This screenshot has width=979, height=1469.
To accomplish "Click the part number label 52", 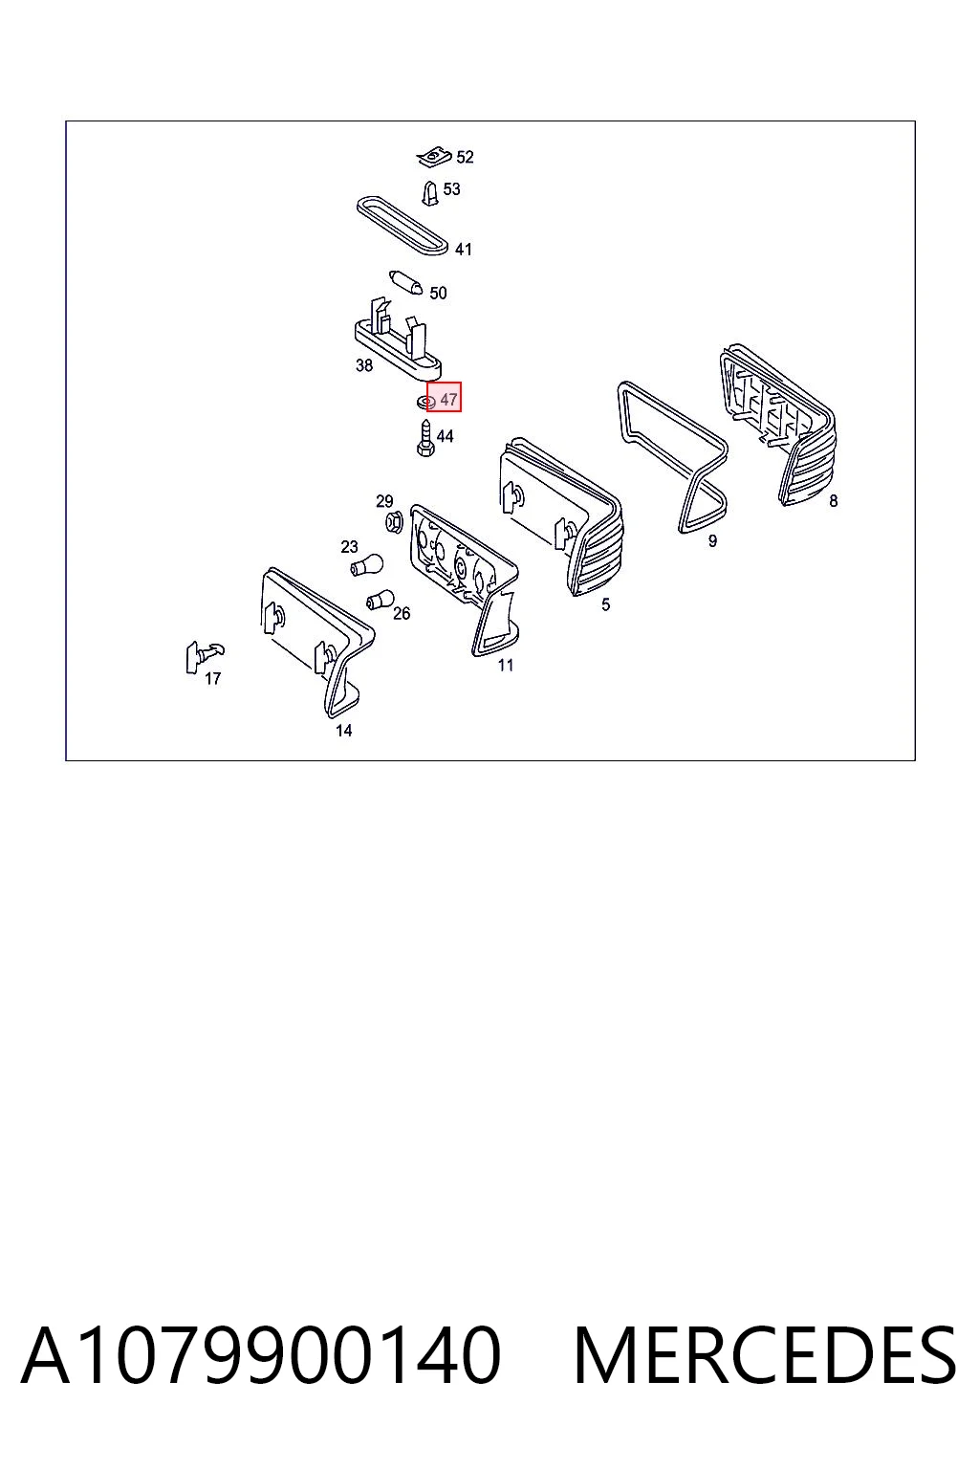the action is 465,158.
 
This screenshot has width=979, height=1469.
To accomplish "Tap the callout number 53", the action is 451,189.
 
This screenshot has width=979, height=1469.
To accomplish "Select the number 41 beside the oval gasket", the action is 463,250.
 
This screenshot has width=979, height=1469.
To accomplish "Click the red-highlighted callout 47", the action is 444,398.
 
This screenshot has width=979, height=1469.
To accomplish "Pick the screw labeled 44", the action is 424,438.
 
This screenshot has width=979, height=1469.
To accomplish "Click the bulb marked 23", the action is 366,564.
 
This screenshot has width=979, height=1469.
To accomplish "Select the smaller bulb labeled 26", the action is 381,600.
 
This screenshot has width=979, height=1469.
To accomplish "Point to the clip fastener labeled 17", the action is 203,655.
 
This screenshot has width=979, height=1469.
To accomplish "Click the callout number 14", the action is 343,731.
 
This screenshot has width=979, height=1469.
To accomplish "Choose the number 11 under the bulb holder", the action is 505,665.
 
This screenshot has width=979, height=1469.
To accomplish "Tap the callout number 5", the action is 605,604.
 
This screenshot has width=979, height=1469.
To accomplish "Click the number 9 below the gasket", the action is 712,541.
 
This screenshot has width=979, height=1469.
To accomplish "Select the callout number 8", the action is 833,502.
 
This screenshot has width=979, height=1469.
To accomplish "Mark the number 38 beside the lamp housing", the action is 364,365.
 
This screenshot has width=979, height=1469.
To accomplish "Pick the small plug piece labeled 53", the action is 429,193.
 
